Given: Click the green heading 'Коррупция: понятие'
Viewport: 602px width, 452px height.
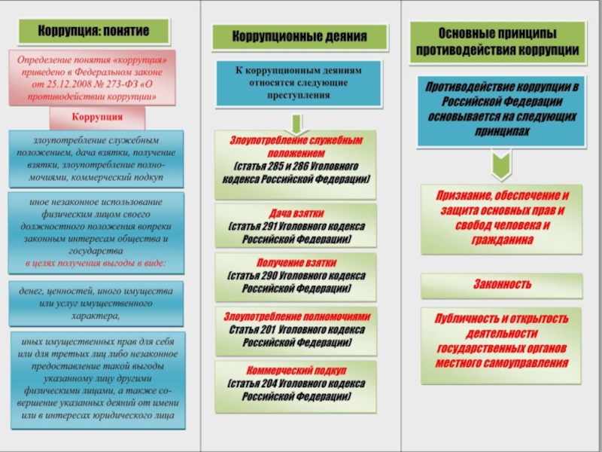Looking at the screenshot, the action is (93, 31).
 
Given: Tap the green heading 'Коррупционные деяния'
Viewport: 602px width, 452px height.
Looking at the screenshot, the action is (299, 36).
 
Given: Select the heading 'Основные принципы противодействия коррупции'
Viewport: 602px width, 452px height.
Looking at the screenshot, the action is (497, 42).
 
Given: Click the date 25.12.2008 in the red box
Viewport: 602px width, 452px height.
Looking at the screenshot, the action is (68, 84).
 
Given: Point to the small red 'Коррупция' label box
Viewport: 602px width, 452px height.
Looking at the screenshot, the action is (97, 118).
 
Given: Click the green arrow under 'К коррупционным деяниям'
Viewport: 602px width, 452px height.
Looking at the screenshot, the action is (296, 123).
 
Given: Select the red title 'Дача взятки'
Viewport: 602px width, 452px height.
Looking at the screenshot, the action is (296, 214).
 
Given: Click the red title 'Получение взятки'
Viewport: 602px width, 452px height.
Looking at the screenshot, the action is (296, 263).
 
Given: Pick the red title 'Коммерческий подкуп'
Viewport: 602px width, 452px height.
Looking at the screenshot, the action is (296, 371).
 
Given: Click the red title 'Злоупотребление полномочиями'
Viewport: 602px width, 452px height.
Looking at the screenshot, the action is (296, 316).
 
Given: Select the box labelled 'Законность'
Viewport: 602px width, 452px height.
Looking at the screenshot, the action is (502, 286).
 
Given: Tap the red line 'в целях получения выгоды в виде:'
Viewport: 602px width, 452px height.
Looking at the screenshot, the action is (96, 264).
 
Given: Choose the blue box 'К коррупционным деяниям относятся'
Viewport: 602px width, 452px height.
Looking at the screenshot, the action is (299, 83).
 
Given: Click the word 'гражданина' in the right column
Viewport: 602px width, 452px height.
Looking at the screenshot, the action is (502, 240).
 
